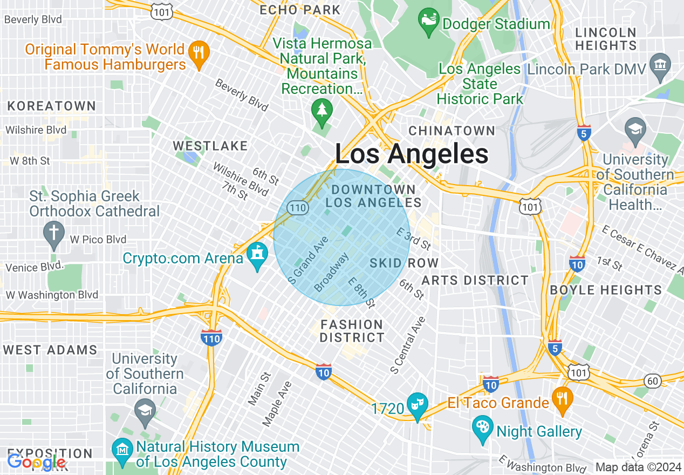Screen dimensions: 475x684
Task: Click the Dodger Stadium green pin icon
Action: point(428,21)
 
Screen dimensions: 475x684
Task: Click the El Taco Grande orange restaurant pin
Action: point(562,400)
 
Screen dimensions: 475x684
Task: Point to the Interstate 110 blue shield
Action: point(211,337)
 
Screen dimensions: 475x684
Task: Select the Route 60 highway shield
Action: point(653,381)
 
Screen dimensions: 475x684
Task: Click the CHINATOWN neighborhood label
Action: point(452,131)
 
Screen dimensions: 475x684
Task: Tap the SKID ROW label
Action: point(403,263)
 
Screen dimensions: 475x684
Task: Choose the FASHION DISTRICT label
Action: point(352,331)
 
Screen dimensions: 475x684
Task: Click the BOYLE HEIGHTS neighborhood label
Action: point(606,290)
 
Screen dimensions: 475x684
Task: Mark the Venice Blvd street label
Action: point(33,267)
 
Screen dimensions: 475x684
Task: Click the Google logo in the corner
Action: point(37,462)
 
